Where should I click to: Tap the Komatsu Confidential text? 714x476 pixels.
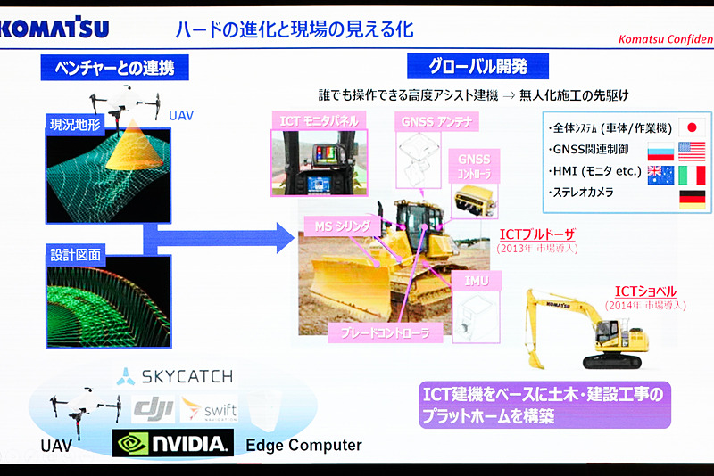664,39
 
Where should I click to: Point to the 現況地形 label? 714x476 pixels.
75,121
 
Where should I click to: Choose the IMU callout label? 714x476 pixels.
477,281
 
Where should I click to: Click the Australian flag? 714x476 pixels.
661,174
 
